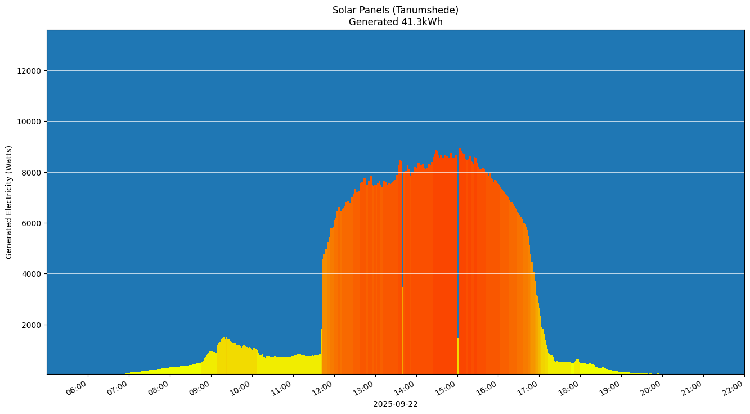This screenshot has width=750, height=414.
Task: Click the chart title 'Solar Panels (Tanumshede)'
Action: pos(395,10)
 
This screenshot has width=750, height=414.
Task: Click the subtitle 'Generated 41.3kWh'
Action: pos(395,22)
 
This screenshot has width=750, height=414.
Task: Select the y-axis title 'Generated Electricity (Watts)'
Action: pos(9,202)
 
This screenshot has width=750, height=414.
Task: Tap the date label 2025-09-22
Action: pos(395,404)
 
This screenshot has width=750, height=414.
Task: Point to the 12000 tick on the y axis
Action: pos(29,71)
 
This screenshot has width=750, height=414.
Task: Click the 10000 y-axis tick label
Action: pos(29,121)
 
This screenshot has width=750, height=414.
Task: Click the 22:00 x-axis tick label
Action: pos(734,388)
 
